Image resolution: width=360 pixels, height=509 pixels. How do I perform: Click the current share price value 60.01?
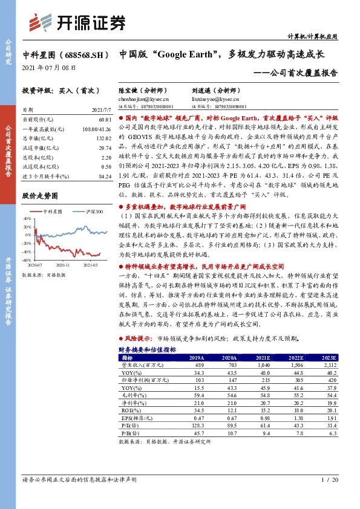pos(105,120)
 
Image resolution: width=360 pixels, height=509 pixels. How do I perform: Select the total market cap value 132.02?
pos(104,138)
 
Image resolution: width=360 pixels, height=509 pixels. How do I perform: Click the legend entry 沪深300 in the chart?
pos(93,211)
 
